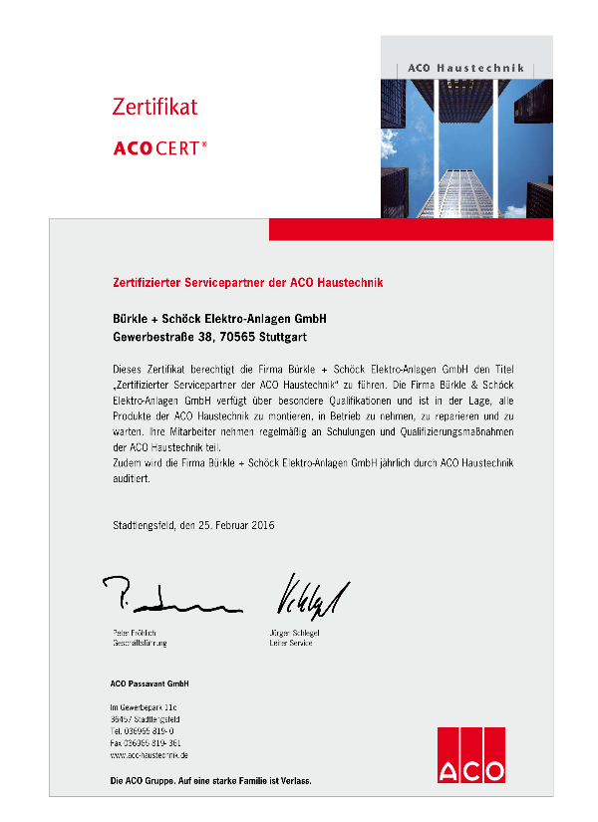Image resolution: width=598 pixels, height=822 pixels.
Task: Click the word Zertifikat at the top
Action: pos(154,107)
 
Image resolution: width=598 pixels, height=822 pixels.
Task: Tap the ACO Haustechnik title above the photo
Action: pos(465,68)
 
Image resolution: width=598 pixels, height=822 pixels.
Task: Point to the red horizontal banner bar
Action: pos(411,229)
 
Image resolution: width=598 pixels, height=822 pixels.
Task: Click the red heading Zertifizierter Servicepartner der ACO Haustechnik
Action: pos(246,283)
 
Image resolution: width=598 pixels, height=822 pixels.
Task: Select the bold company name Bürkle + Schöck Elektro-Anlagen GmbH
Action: pos(218,318)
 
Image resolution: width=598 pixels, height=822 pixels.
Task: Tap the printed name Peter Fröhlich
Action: pos(135,634)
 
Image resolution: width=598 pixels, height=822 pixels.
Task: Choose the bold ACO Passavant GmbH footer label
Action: pos(149,684)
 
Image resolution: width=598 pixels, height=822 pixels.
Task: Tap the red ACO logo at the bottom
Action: pos(470,756)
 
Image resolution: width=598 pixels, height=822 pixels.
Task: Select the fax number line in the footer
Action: pos(146,743)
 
